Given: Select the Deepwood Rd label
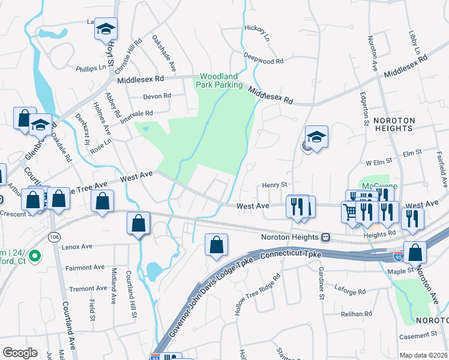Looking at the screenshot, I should click(x=264, y=61).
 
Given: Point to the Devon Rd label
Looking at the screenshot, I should click(x=157, y=96).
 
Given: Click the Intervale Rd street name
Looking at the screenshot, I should click(x=136, y=113).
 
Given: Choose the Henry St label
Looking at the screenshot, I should click(x=276, y=185).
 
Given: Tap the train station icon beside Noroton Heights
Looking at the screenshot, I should click(x=326, y=237).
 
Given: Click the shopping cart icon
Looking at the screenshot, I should click(x=351, y=211).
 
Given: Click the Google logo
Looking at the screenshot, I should click(x=20, y=353).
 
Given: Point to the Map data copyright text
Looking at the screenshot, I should click(x=423, y=355).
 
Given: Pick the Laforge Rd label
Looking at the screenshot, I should click(x=350, y=292).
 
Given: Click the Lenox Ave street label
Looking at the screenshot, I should click(x=77, y=246).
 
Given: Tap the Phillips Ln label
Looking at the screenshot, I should click(x=91, y=68).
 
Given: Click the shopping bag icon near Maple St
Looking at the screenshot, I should click(x=415, y=253).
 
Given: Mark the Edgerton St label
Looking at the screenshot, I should click(x=364, y=107).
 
